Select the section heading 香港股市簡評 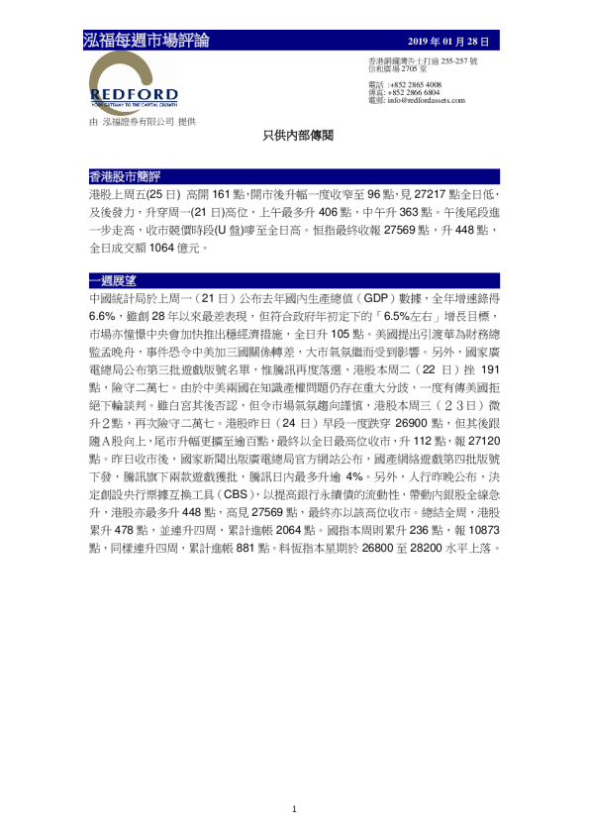118,175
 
